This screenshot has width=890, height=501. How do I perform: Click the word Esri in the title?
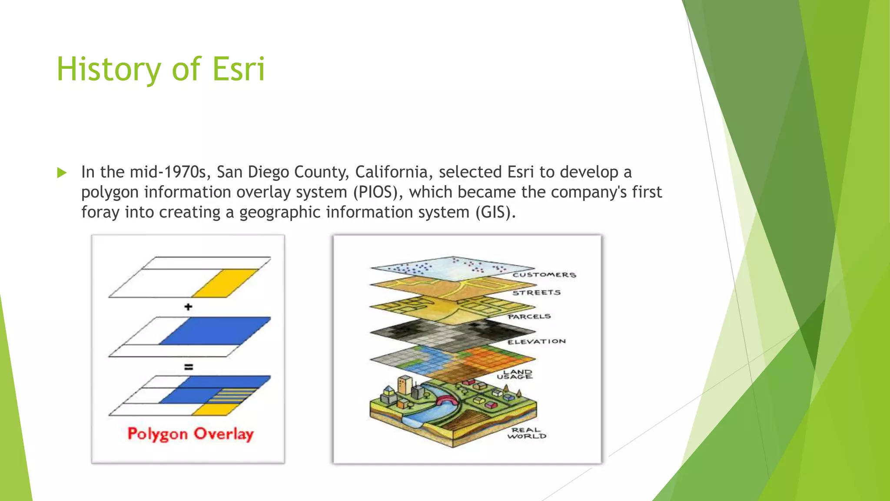(239, 70)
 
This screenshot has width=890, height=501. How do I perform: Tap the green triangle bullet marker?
(62, 173)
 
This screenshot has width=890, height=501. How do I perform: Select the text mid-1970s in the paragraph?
(167, 172)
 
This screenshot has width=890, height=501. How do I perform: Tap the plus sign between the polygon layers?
(188, 307)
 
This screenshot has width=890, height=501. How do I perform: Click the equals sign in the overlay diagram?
(188, 367)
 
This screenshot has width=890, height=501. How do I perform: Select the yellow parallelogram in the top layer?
(225, 283)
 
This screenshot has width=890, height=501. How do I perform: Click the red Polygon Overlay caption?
(190, 434)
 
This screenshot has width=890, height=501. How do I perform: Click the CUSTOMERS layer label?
(544, 275)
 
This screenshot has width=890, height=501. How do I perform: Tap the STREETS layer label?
(536, 293)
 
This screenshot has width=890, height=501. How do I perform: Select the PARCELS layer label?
(529, 317)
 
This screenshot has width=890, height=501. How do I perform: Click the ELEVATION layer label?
(536, 341)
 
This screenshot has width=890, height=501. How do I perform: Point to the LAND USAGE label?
(515, 374)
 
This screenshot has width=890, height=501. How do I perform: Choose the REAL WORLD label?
(526, 433)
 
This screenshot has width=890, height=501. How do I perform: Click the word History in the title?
(109, 70)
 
